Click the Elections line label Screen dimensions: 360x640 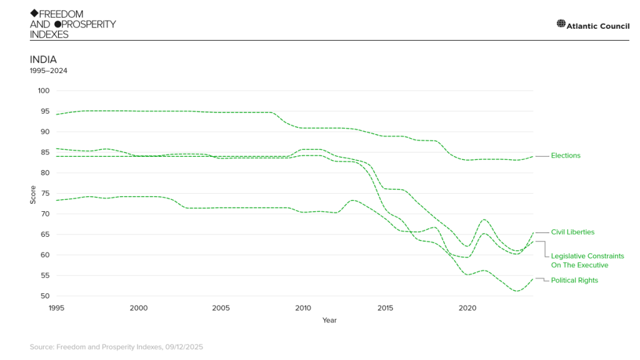point(565,156)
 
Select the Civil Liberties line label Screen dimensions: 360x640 point(572,232)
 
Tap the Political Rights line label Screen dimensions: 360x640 point(574,281)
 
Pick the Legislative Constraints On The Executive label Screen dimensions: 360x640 point(587,261)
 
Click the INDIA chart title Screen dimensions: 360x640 point(43,59)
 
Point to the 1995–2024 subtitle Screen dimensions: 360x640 point(49,71)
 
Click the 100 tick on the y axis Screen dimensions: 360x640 point(43,91)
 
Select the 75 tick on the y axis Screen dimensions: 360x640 point(45,193)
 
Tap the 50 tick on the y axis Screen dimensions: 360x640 point(45,296)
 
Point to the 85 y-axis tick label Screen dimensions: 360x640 point(45,152)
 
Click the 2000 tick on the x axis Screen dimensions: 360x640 point(138,308)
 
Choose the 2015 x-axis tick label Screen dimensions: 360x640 point(385,308)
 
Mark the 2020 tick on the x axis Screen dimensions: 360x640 point(467,308)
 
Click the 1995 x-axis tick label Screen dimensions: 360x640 point(56,308)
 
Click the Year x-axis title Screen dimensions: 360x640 point(329,321)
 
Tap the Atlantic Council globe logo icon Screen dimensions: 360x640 point(561,24)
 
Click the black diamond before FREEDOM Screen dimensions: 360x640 point(34,14)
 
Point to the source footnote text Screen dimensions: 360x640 point(116,347)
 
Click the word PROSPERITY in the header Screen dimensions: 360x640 point(89,24)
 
